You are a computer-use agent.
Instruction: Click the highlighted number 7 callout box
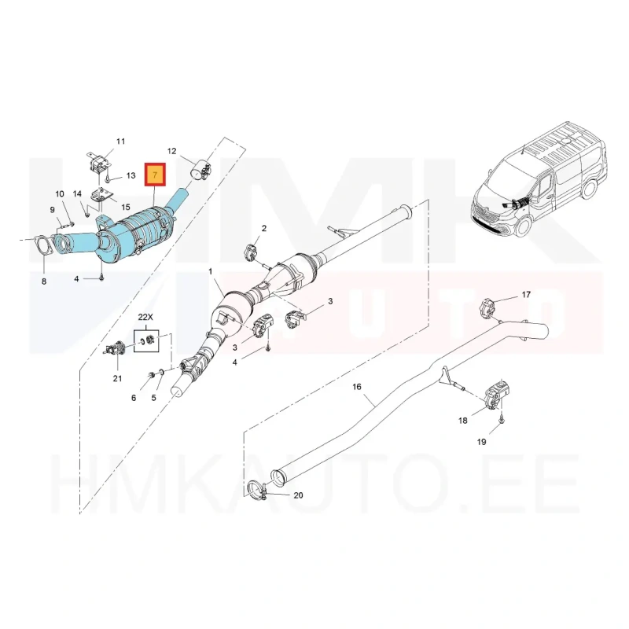(x=155, y=175)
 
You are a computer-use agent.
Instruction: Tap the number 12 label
(x=171, y=151)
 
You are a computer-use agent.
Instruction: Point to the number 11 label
(x=121, y=142)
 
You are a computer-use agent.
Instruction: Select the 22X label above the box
(x=145, y=317)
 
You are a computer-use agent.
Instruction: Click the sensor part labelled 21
(x=115, y=348)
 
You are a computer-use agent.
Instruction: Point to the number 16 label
(x=357, y=387)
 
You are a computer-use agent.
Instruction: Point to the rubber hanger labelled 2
(x=252, y=252)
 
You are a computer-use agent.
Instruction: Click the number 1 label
(x=210, y=272)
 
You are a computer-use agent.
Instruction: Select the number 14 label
(x=77, y=193)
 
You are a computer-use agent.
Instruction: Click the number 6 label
(x=134, y=398)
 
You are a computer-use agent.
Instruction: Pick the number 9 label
(x=52, y=210)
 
